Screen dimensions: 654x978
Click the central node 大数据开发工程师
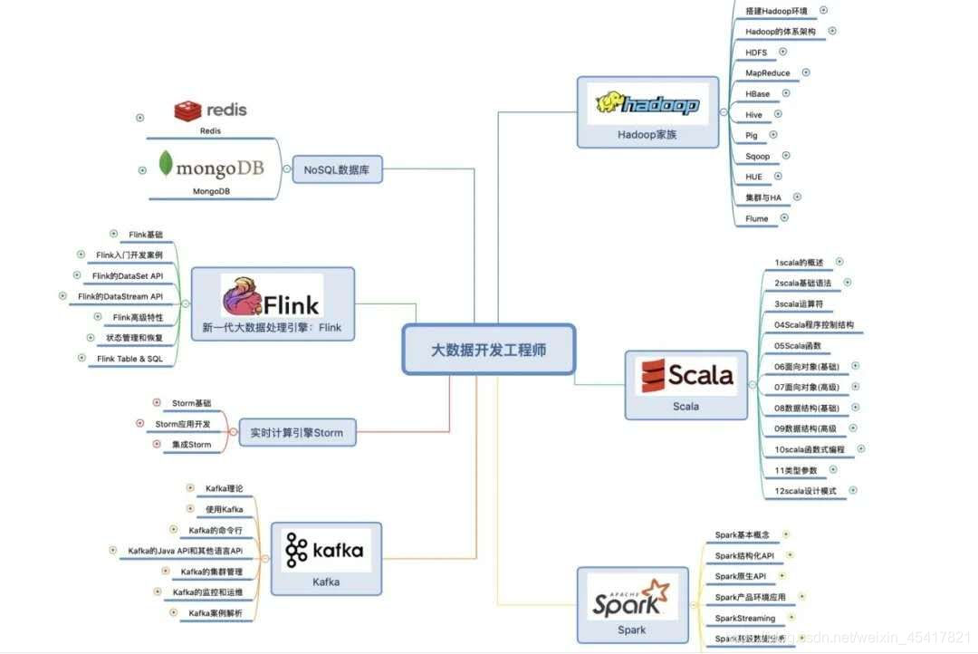pyautogui.click(x=489, y=350)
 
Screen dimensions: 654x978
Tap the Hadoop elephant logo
pyautogui.click(x=647, y=104)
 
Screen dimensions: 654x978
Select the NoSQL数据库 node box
pyautogui.click(x=337, y=168)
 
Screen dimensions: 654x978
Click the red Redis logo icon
pyautogui.click(x=188, y=111)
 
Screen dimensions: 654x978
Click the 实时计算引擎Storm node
pyautogui.click(x=297, y=433)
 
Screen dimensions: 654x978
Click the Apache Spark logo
pyautogui.click(x=632, y=597)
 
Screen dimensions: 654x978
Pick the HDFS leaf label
pyautogui.click(x=756, y=53)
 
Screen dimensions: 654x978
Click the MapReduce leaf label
pyautogui.click(x=767, y=73)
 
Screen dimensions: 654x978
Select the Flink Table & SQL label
pyautogui.click(x=129, y=359)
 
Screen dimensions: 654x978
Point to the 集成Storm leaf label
pyautogui.click(x=191, y=445)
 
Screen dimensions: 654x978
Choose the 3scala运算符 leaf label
pyautogui.click(x=798, y=303)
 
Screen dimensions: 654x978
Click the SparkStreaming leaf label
pyautogui.click(x=745, y=619)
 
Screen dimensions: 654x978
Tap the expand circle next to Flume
pyautogui.click(x=784, y=217)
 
